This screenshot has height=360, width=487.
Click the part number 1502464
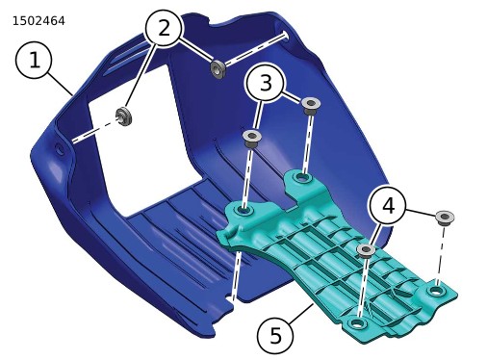pos(38,21)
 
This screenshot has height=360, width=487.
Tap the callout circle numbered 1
pos(34,61)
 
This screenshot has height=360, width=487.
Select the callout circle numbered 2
pos(164,28)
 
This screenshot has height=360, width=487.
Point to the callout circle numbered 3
pos(265,83)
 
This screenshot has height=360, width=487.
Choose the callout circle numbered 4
pos(388,206)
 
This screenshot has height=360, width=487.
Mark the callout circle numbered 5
pos(275,336)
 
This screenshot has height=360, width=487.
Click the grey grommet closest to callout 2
pos(218,69)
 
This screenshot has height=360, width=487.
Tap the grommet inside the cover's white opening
pos(123,116)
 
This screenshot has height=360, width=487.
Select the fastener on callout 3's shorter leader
pos(310,106)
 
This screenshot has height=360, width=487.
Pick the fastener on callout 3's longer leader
pos(252,139)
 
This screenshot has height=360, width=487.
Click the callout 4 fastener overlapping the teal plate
pos(366,250)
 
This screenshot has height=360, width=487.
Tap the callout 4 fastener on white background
pos(445,219)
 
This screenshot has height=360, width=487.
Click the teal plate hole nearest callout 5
pos(357,323)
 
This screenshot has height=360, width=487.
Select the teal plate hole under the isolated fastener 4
pos(436,291)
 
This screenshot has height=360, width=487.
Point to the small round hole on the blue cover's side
pos(60,149)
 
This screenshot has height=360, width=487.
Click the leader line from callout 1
pos(61,84)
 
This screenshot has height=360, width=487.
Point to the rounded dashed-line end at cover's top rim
pos(285,36)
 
